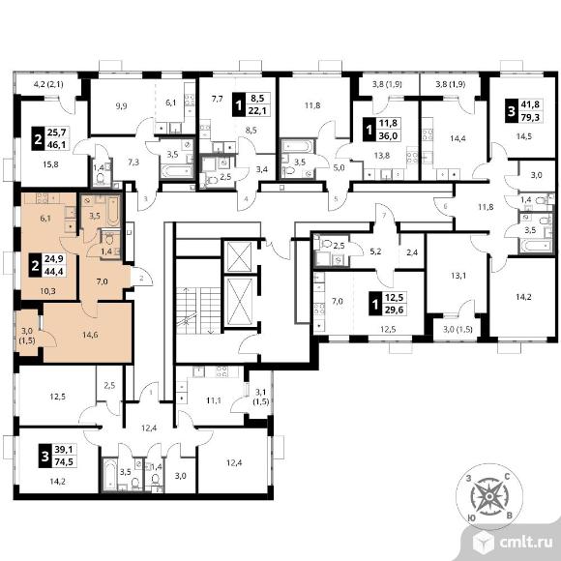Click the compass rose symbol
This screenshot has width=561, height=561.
(x=488, y=496)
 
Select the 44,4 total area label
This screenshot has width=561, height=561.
(x=53, y=272)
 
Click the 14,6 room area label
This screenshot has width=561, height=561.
(x=90, y=335)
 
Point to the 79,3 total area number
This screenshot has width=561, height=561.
(x=530, y=117)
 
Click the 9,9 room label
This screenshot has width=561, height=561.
(x=122, y=105)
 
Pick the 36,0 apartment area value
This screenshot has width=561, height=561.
(x=388, y=136)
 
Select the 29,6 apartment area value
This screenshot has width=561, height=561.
(x=394, y=310)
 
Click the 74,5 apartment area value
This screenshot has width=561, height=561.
(x=64, y=462)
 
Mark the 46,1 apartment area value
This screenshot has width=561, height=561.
(x=57, y=144)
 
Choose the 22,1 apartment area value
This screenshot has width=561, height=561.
(x=257, y=110)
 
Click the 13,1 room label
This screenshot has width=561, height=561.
(x=458, y=276)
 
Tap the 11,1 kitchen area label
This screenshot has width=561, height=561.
(x=214, y=400)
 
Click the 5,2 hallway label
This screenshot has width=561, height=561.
(x=375, y=251)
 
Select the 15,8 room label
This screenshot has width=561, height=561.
(x=50, y=164)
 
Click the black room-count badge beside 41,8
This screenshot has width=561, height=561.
(x=512, y=110)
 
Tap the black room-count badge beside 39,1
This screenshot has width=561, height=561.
(x=45, y=456)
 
